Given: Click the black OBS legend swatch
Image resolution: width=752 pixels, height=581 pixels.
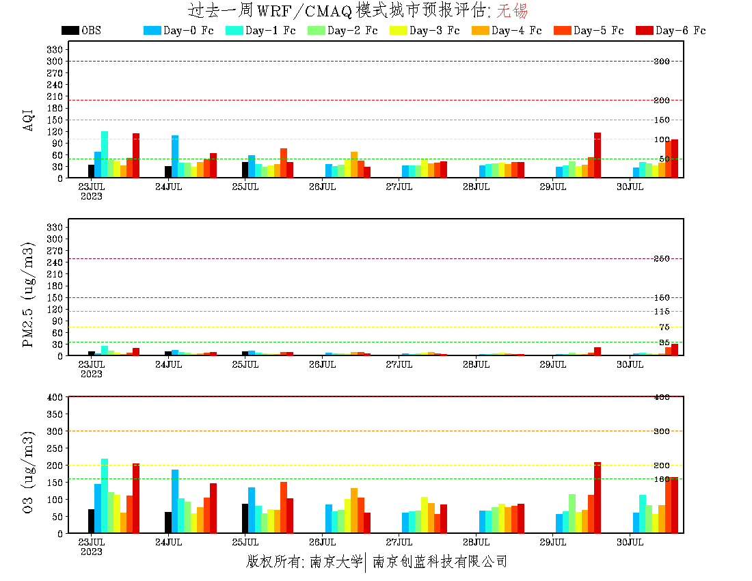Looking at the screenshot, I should click(70, 31).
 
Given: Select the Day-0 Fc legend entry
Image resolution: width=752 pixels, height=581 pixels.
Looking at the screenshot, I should click(187, 31).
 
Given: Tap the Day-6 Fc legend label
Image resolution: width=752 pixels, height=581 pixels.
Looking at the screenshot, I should click(680, 31).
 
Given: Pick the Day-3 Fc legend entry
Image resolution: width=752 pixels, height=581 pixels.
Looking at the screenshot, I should click(434, 31).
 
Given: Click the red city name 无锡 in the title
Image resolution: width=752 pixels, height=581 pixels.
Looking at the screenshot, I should click(512, 11).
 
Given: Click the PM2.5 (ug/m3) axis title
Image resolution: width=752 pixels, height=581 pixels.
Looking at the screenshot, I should click(28, 294).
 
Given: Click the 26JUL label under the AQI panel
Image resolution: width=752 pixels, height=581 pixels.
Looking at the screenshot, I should click(322, 187).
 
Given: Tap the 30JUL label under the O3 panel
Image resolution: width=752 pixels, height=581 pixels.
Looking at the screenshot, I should click(630, 542).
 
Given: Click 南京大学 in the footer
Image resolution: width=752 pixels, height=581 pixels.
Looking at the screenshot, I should click(336, 562).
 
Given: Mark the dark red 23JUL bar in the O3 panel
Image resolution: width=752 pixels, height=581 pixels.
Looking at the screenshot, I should click(136, 498).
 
